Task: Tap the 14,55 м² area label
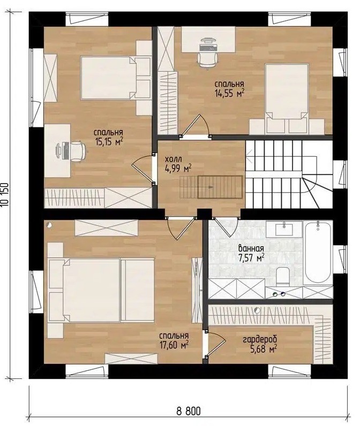(229, 94)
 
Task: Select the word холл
(171, 159)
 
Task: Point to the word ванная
(251, 248)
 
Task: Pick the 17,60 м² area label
(174, 345)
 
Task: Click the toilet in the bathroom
(283, 276)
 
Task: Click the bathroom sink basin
(284, 230)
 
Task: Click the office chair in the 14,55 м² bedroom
(208, 59)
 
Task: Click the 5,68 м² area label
(264, 348)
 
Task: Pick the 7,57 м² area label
(251, 258)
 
